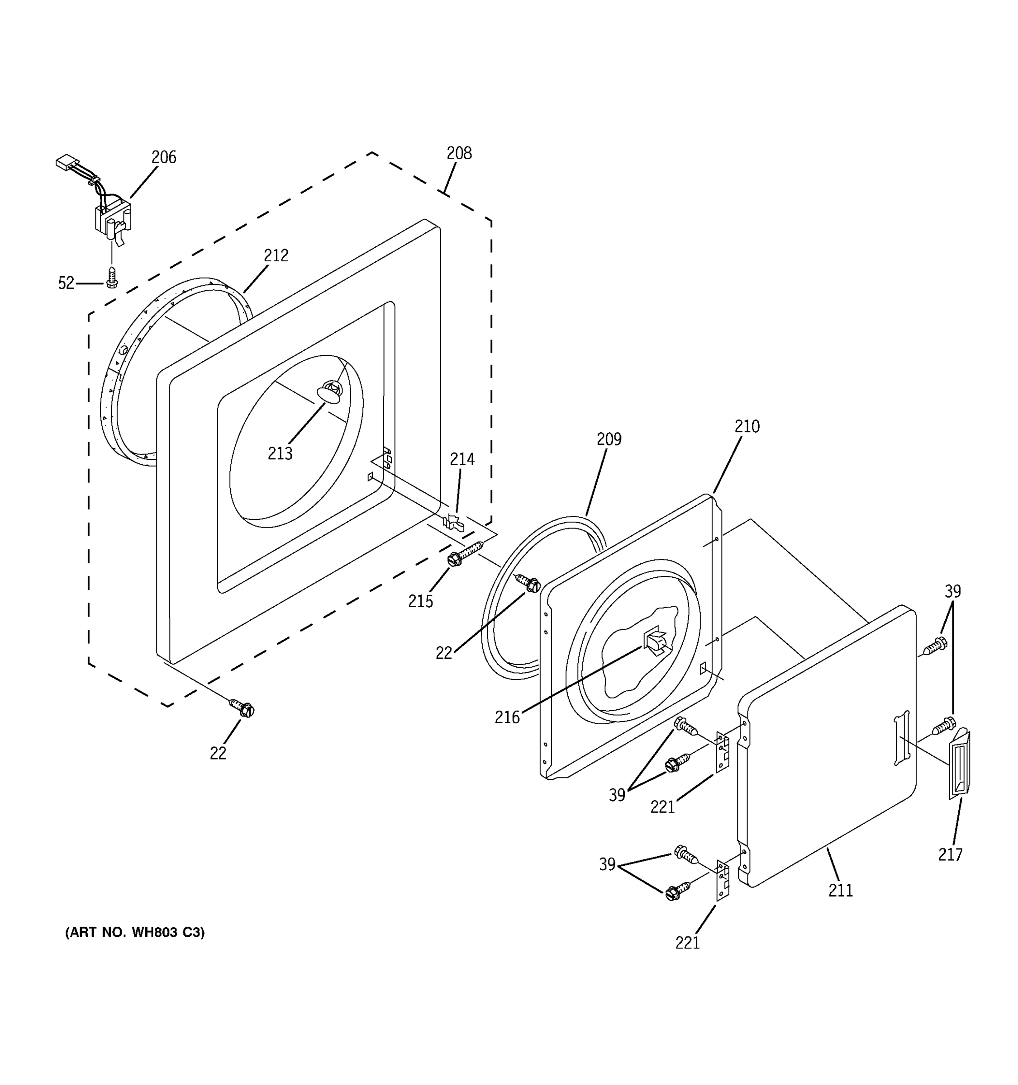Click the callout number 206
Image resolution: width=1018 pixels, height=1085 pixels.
[x=163, y=157]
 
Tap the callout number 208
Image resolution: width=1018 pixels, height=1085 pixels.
[x=459, y=153]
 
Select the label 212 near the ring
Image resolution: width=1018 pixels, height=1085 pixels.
[x=276, y=255]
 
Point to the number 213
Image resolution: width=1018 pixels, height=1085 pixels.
[x=280, y=453]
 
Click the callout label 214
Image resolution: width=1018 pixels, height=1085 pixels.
[x=462, y=459]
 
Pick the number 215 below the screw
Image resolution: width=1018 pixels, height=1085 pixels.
[x=420, y=601]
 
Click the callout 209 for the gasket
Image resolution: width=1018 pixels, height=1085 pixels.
[x=609, y=439]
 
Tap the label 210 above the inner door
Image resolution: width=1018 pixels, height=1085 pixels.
[x=747, y=426]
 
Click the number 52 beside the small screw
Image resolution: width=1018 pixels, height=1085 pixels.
[x=66, y=283]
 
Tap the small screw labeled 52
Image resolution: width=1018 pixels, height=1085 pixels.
[x=112, y=277]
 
